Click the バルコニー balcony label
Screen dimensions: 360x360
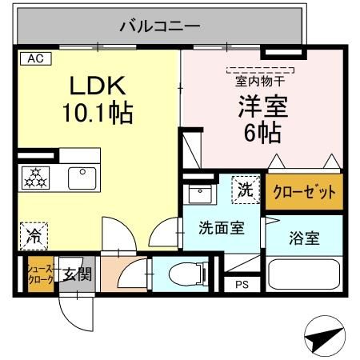(160, 26)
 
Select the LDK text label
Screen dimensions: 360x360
(97, 86)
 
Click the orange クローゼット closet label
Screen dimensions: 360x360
(303, 192)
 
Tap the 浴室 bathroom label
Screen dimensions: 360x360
(305, 237)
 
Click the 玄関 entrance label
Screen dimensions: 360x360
(78, 275)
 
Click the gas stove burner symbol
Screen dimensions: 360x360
(34, 177)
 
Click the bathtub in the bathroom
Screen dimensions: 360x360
(304, 275)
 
